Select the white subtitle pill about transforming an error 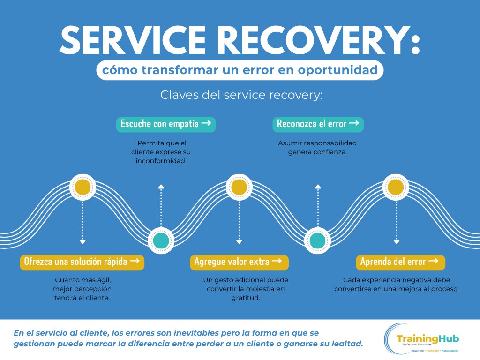coord(240,70)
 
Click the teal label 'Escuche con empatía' coord(166,124)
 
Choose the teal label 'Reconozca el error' coord(318,124)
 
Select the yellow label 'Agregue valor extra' coord(239,262)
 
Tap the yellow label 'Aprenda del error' coord(399,262)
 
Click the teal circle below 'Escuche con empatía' coord(161,240)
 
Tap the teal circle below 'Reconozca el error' coord(318,240)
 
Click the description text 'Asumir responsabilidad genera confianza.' coord(318,148)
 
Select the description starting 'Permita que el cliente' coord(161,152)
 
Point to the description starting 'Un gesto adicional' coord(239,289)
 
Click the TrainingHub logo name coord(427,338)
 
